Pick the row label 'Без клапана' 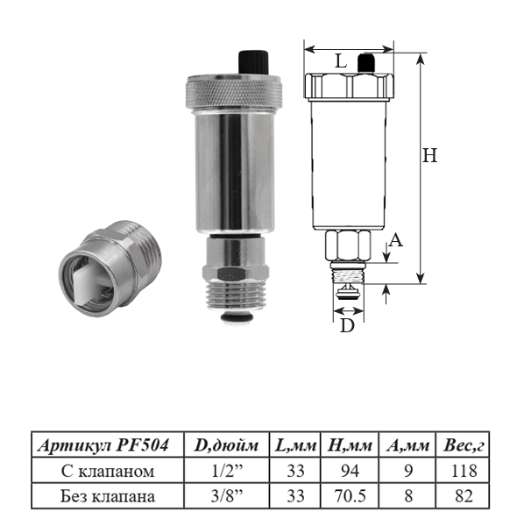click(x=104, y=496)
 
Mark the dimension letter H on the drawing click(x=429, y=156)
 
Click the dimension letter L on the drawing click(x=341, y=62)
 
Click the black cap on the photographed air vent click(x=253, y=64)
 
